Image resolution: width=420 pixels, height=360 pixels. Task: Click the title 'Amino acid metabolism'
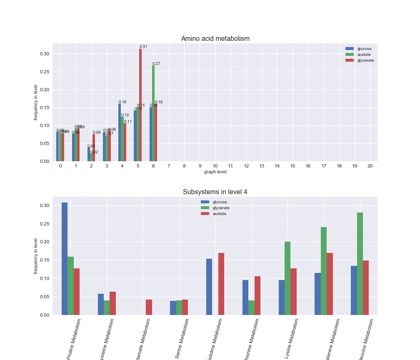pyautogui.click(x=215, y=39)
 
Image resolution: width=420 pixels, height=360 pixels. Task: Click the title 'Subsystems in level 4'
pyautogui.click(x=215, y=192)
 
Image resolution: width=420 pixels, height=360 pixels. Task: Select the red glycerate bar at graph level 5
pyautogui.click(x=140, y=105)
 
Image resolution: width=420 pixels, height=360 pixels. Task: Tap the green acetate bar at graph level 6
pyautogui.click(x=153, y=113)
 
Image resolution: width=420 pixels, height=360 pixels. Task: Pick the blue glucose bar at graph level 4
pyautogui.click(x=120, y=132)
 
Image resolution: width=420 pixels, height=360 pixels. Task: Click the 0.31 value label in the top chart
pyautogui.click(x=143, y=47)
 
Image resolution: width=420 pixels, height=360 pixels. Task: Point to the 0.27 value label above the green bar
pyautogui.click(x=156, y=64)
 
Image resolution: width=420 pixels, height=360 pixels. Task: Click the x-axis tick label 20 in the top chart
pyautogui.click(x=370, y=166)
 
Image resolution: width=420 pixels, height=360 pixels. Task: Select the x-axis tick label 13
pyautogui.click(x=262, y=166)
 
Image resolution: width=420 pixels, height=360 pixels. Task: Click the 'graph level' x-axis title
pyautogui.click(x=215, y=172)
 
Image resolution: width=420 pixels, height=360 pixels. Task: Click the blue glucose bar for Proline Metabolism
pyautogui.click(x=65, y=259)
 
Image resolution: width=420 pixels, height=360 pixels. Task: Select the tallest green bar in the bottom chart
pyautogui.click(x=360, y=264)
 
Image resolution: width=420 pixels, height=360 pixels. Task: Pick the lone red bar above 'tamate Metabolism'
pyautogui.click(x=149, y=307)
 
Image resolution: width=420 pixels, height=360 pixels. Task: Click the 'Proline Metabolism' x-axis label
pyautogui.click(x=74, y=338)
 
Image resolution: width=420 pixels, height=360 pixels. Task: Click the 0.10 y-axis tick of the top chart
pyautogui.click(x=44, y=125)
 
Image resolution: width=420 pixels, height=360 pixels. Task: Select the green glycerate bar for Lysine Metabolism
pyautogui.click(x=287, y=278)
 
